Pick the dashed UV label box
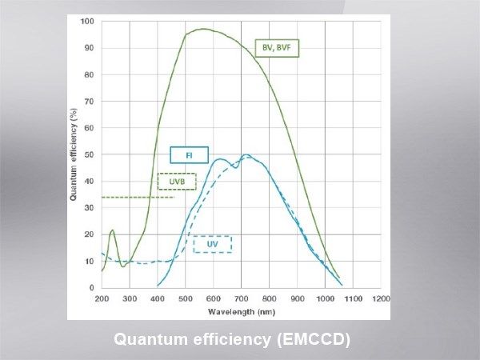click(x=212, y=244)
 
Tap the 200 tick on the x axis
click(x=102, y=298)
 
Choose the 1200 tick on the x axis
click(x=381, y=298)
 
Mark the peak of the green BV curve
click(x=203, y=30)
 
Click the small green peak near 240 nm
click(x=112, y=230)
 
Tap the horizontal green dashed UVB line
click(x=136, y=197)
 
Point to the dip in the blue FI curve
click(x=234, y=166)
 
